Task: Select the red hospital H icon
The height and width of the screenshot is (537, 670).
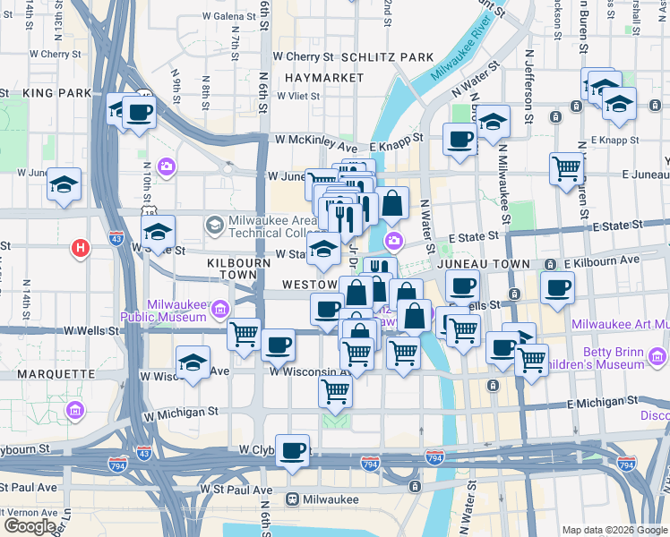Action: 81,248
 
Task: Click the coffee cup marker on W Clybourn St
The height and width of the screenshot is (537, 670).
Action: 292,451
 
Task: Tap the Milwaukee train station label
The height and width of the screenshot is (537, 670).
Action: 327,499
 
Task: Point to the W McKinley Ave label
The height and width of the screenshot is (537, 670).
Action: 316,141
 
